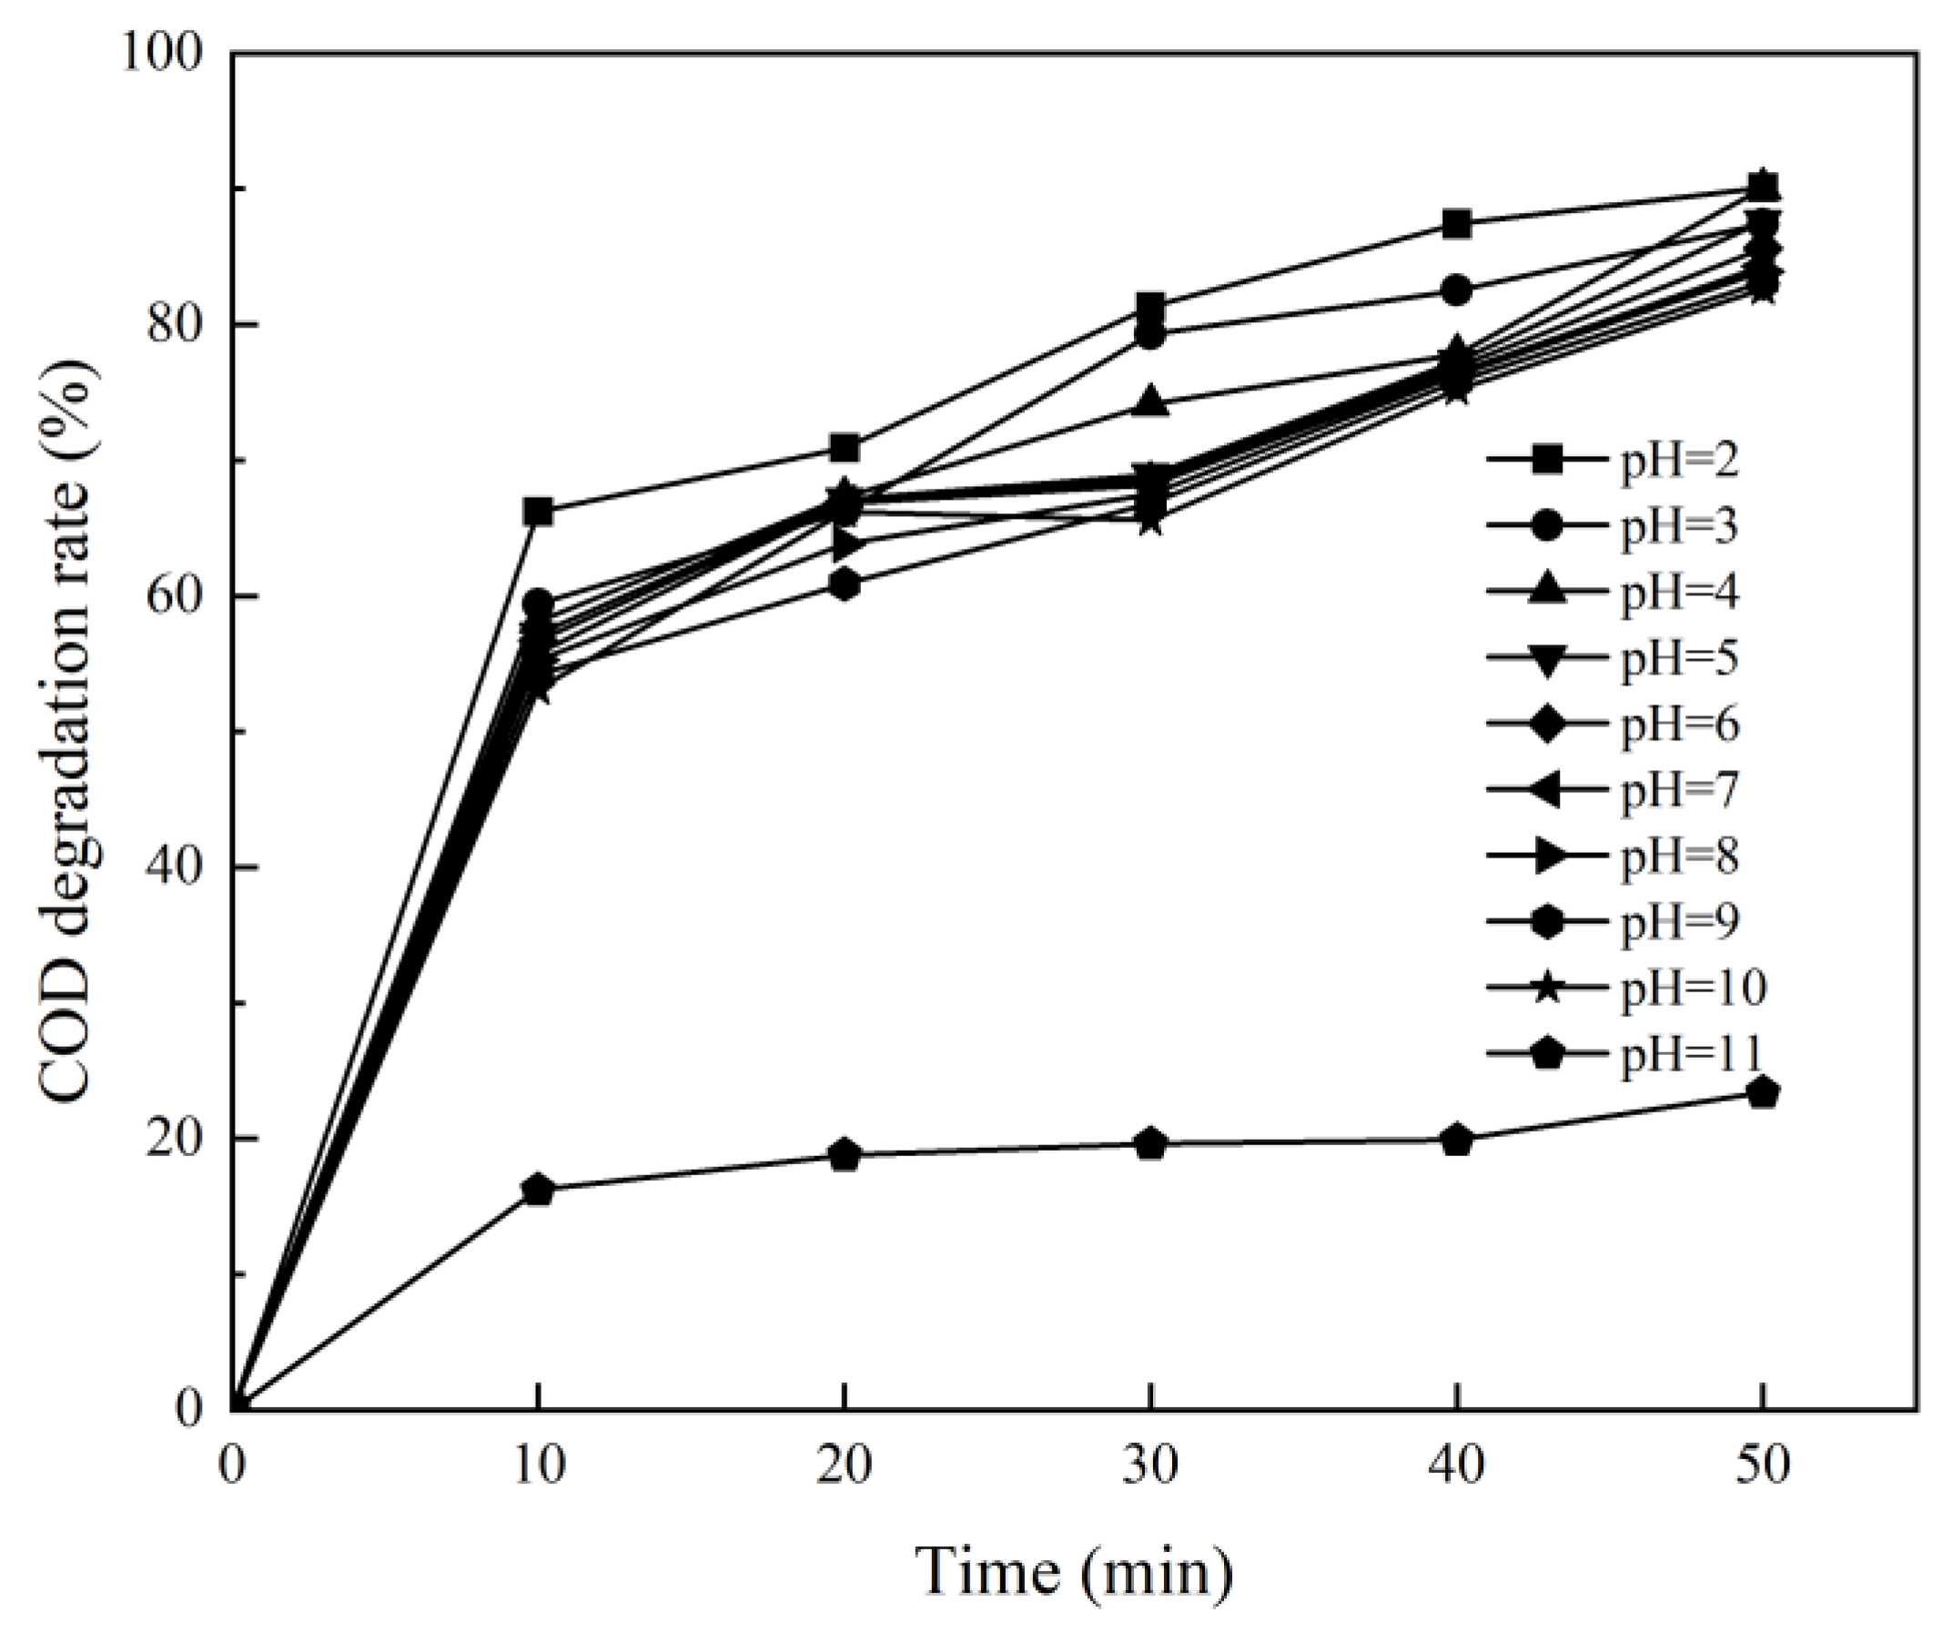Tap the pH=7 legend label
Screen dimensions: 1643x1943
[1679, 790]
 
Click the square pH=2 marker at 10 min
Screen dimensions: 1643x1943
[538, 512]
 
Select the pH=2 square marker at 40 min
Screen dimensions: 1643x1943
[1457, 225]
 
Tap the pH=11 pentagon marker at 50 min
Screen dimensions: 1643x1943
[1763, 1091]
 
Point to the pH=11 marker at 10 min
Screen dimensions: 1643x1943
[538, 1190]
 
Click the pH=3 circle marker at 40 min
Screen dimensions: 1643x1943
[1457, 290]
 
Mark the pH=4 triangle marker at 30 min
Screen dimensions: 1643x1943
[1150, 401]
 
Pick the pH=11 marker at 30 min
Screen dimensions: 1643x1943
[1150, 1143]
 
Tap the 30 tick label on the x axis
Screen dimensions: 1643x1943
[1150, 1466]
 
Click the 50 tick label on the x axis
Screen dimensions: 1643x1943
[1763, 1466]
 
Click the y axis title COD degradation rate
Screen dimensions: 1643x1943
[69, 732]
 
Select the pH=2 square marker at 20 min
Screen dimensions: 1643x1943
[845, 448]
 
